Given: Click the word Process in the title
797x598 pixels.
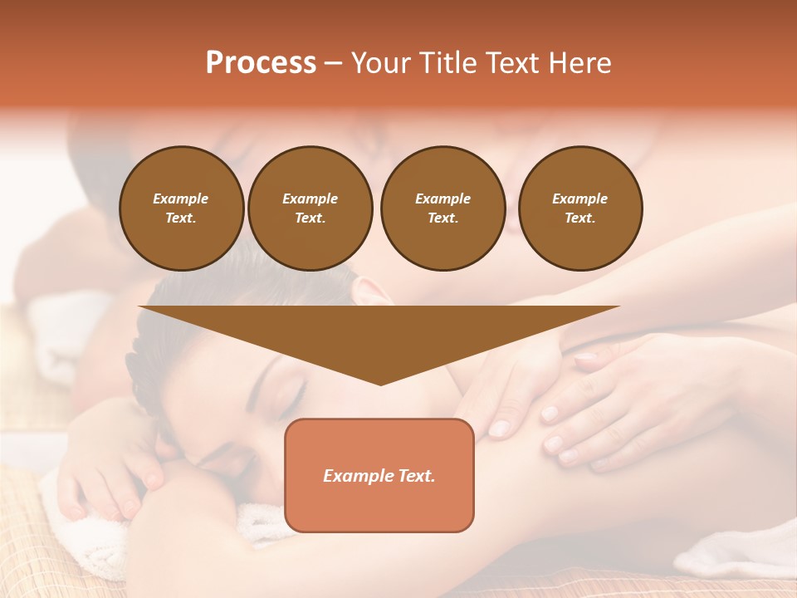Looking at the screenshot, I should pyautogui.click(x=261, y=63).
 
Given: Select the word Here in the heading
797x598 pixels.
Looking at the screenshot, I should pyautogui.click(x=579, y=63).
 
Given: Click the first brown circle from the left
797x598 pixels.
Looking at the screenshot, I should pyautogui.click(x=182, y=208).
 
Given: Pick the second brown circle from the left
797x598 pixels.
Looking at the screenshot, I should pyautogui.click(x=310, y=208).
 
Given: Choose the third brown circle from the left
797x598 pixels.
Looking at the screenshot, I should pyautogui.click(x=443, y=208).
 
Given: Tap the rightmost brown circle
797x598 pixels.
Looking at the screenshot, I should pyautogui.click(x=580, y=208).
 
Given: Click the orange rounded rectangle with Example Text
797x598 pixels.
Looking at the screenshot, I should pyautogui.click(x=379, y=475).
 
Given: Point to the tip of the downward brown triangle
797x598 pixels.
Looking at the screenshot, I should pyautogui.click(x=380, y=383).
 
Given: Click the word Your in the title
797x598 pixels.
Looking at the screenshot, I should pyautogui.click(x=381, y=63).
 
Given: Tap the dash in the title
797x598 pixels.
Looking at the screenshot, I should pyautogui.click(x=333, y=63).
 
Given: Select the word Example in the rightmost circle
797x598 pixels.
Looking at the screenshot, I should pyautogui.click(x=580, y=199).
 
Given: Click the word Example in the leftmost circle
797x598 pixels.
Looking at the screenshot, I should pyautogui.click(x=181, y=199).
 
